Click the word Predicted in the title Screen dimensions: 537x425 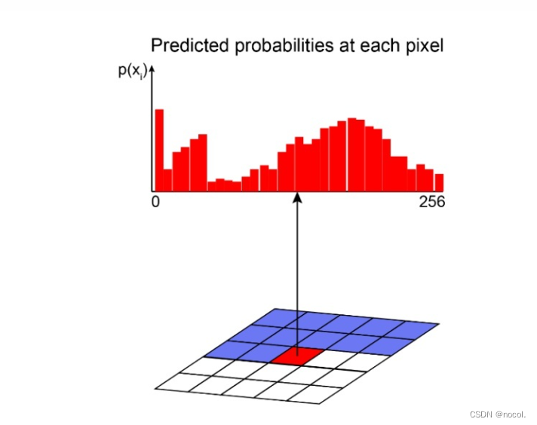(x=190, y=45)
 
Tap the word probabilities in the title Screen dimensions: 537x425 (x=284, y=46)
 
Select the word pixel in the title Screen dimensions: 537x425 (x=425, y=46)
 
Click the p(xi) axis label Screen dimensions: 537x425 (x=133, y=72)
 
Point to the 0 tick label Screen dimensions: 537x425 (x=155, y=201)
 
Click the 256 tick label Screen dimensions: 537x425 (x=432, y=201)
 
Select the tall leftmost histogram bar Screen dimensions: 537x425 (x=159, y=150)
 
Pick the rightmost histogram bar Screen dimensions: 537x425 (x=439, y=182)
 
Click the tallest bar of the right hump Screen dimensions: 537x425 (x=351, y=154)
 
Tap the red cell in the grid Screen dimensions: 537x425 (x=297, y=356)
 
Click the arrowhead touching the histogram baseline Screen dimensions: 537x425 (x=298, y=197)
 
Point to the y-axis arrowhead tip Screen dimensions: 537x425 (x=152, y=66)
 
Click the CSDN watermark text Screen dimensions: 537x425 (x=497, y=414)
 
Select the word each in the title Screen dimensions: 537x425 (x=380, y=46)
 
